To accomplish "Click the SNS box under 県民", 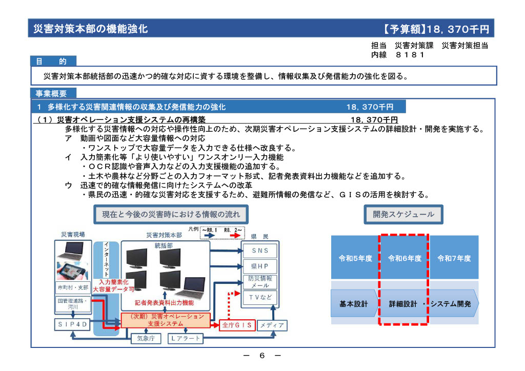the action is [x=260, y=251].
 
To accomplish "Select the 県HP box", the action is [x=260, y=266].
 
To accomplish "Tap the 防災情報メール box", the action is [x=260, y=282].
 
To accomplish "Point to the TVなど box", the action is [x=260, y=297].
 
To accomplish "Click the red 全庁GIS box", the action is [x=237, y=325].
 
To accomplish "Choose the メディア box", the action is [x=272, y=325].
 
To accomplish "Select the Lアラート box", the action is [x=185, y=339].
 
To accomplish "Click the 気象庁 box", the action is [x=146, y=339].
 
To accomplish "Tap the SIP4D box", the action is [x=72, y=324].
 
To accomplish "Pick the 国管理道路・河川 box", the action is [x=73, y=304].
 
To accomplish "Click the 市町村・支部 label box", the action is [x=73, y=287].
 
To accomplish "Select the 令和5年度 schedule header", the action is [x=355, y=257].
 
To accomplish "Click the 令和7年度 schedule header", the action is [x=454, y=257].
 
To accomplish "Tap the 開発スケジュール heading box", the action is [x=403, y=214].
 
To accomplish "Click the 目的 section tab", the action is [x=53, y=61].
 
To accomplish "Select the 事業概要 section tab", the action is [x=53, y=93].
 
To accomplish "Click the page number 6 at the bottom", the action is [x=262, y=356].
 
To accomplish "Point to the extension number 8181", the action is [x=410, y=54].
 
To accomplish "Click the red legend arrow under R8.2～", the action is [x=235, y=236].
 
